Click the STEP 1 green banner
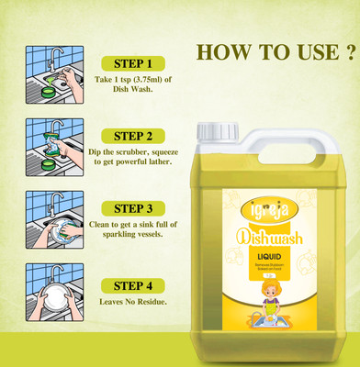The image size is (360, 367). click(131, 63)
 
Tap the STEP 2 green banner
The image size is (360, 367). click(131, 134)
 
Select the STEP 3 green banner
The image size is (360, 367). click(131, 207)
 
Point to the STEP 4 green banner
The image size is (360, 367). click(131, 284)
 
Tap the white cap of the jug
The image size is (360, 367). click(215, 130)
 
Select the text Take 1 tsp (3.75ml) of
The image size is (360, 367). click(131, 81)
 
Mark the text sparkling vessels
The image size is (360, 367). click(131, 234)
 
